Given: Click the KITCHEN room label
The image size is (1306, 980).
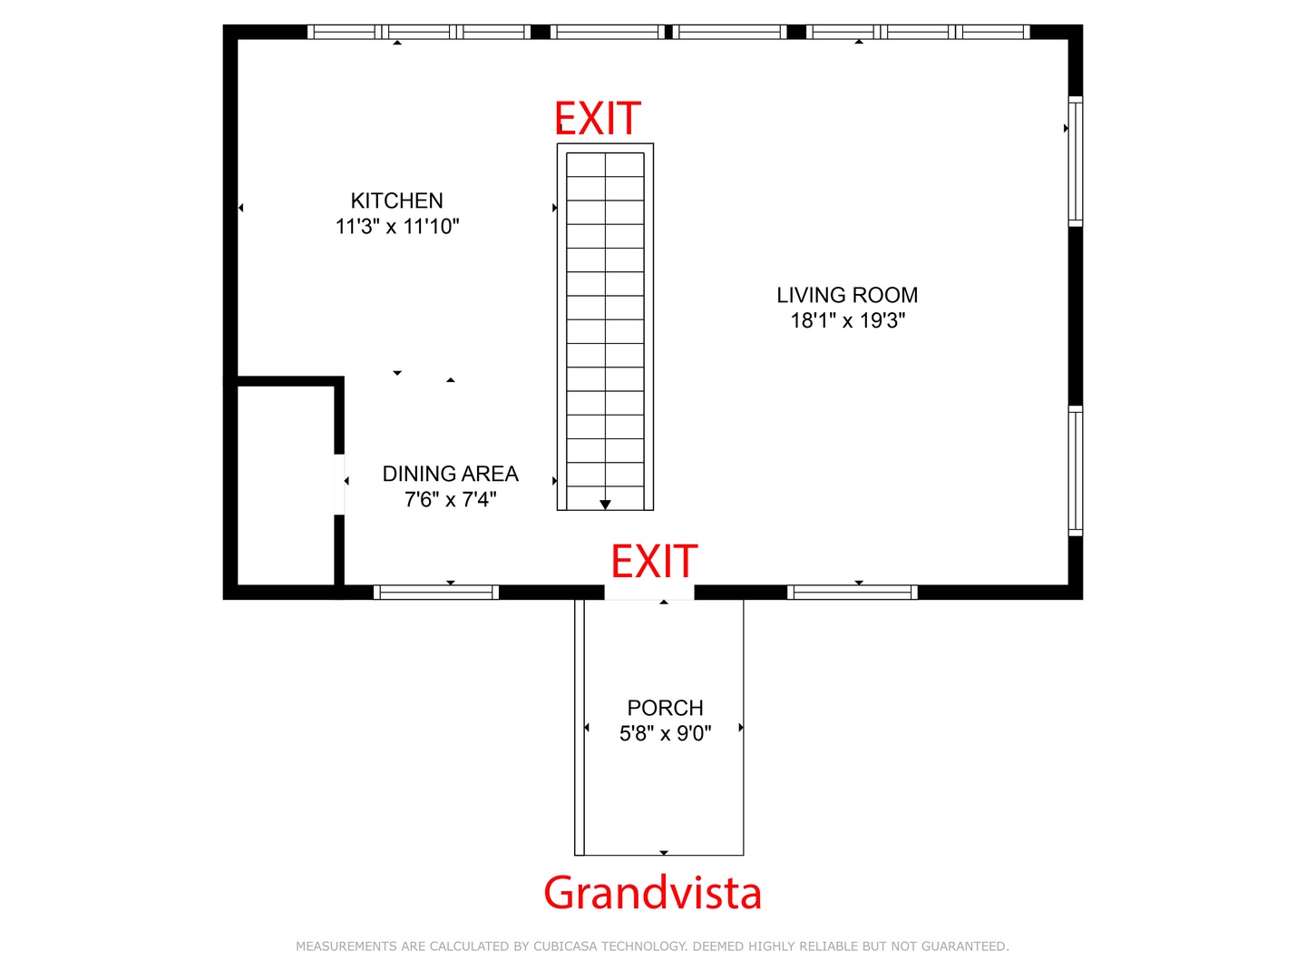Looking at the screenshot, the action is (x=396, y=201).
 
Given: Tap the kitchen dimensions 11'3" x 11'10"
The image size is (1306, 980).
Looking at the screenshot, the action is (x=397, y=227).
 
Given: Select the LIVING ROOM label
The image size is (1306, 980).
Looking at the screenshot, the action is (x=847, y=295).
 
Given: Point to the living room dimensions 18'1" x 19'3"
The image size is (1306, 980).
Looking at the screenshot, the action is (x=847, y=320).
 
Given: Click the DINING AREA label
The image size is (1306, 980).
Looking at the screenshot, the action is (x=450, y=474).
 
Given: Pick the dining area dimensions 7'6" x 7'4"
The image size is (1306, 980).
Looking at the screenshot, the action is (x=450, y=499).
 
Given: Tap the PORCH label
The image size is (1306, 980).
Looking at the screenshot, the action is (x=665, y=708).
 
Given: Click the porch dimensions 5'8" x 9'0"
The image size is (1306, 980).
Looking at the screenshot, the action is (x=665, y=733).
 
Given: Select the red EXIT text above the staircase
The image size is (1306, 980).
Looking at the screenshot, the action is (x=597, y=118).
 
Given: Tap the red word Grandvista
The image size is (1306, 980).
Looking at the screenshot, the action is (x=652, y=892).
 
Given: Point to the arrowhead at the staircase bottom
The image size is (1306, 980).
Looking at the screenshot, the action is (x=605, y=505).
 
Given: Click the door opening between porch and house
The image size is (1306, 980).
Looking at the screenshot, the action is (x=648, y=592).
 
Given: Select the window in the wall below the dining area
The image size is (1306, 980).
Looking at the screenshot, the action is (x=435, y=592).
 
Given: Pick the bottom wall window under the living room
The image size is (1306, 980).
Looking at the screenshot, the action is (x=852, y=592).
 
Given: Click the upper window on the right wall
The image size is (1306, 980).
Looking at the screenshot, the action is (x=1075, y=162).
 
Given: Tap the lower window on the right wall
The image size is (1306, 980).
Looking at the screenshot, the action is (x=1075, y=471).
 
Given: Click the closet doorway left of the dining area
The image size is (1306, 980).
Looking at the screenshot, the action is (x=338, y=485).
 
